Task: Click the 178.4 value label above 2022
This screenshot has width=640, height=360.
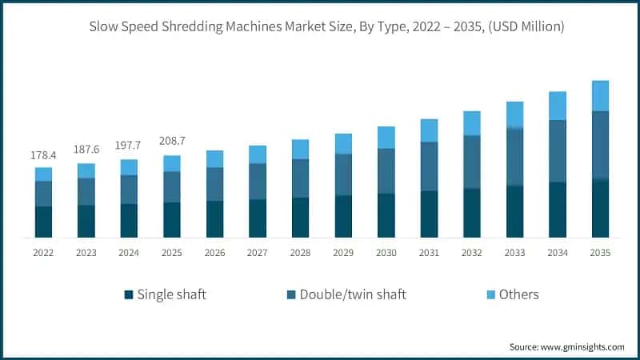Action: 43,154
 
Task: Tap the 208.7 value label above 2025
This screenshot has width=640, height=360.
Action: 172,142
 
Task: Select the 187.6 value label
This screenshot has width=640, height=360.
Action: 86,150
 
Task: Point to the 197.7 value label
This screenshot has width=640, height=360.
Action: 129,146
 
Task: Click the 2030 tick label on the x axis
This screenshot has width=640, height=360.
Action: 386,253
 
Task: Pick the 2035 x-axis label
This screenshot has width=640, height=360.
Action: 600,253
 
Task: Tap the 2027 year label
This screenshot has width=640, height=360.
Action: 258,253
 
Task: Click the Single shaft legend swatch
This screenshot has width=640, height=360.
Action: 128,295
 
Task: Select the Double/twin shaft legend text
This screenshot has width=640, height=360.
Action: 353,294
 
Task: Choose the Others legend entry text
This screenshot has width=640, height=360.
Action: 518,294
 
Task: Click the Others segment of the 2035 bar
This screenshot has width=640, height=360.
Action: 600,96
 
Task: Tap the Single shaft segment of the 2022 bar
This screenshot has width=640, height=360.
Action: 43,222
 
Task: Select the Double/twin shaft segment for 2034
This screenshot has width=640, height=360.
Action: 558,151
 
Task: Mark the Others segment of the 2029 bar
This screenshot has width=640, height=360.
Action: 343,144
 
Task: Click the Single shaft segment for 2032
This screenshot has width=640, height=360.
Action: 472,213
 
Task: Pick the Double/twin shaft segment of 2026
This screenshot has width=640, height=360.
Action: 214,184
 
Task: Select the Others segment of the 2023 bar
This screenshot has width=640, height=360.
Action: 86,170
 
